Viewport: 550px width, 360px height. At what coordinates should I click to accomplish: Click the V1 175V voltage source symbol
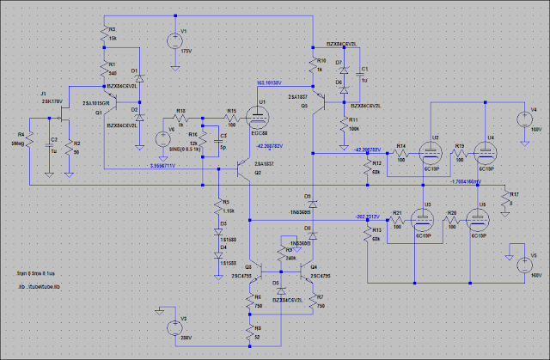173,38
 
